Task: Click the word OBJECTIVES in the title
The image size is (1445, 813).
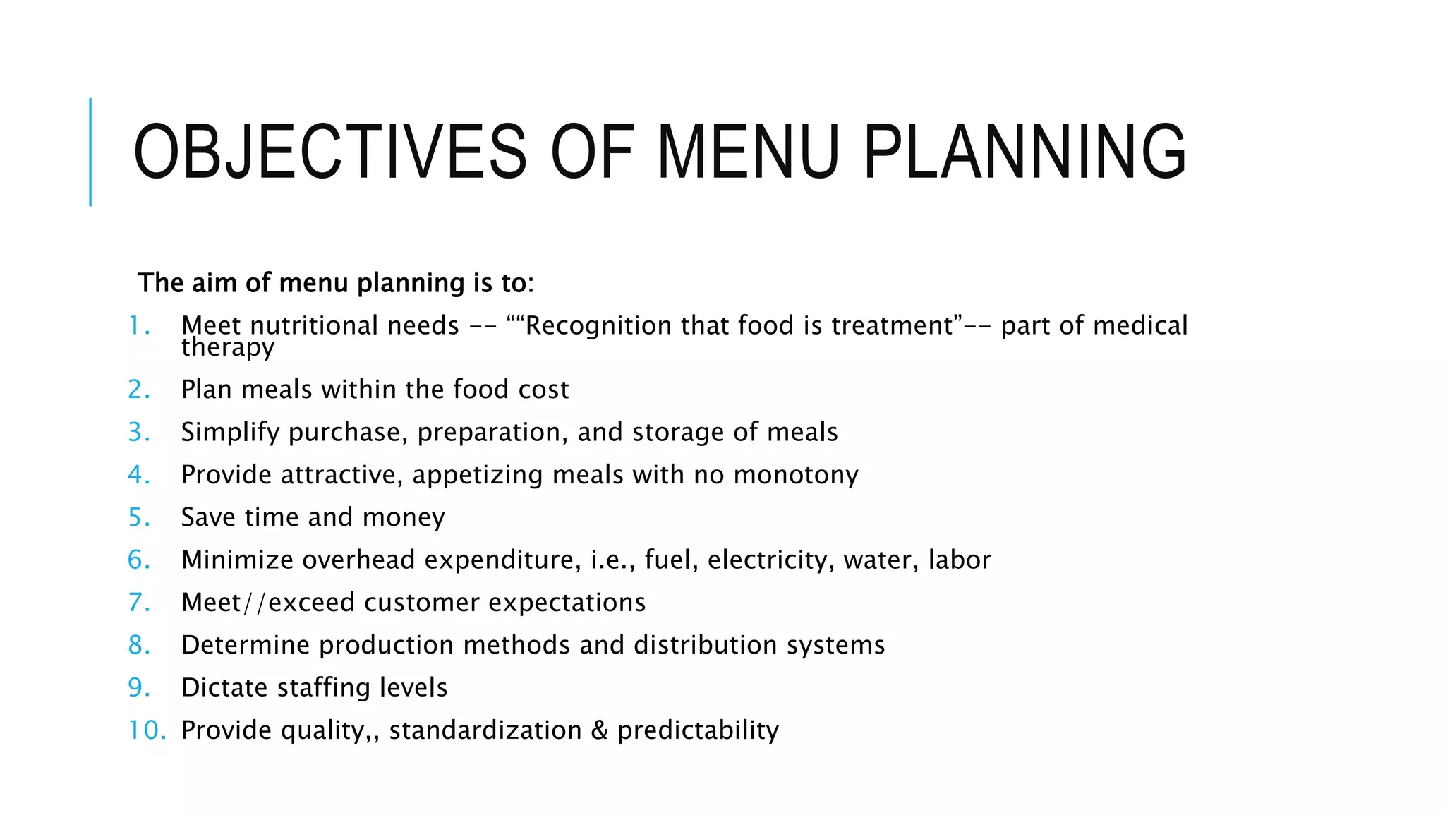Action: point(329,152)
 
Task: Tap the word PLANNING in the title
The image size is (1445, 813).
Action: point(1024,152)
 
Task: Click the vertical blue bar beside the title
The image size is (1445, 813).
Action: point(90,152)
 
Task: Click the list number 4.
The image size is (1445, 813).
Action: point(138,475)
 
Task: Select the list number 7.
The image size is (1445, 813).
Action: point(138,603)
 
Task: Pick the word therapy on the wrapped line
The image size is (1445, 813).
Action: point(227,347)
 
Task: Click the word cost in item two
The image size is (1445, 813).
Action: point(543,390)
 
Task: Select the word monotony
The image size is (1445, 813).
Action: point(796,475)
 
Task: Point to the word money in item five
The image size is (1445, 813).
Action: point(403,517)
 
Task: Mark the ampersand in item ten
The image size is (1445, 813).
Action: point(599,730)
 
